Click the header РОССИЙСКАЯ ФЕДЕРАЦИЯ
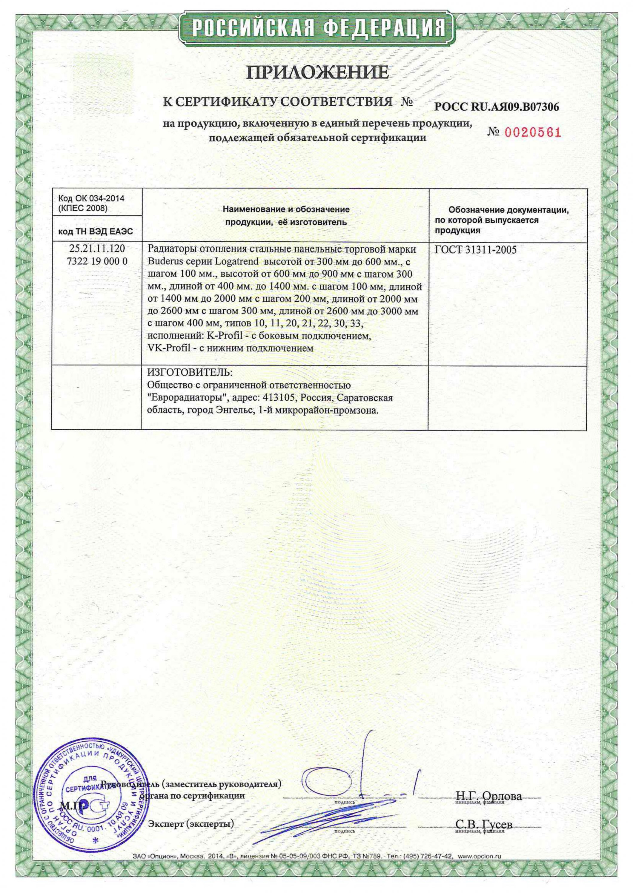316,28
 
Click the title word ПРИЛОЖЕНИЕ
316,72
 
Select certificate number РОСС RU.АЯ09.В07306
497,107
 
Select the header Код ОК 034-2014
91,198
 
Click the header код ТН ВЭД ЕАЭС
95,232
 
